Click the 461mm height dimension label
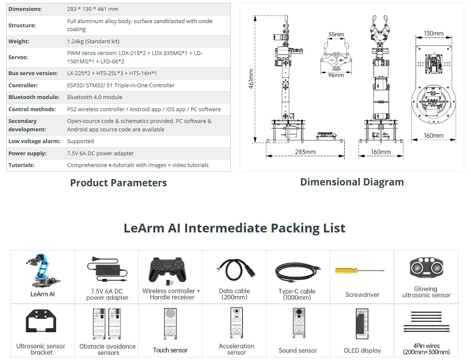pos(251,79)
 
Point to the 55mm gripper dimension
pos(336,34)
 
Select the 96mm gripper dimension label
pos(336,75)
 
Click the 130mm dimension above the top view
pos(433,34)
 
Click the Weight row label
pos(19,42)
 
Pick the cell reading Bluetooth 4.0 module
pos(95,97)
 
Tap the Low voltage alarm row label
pos(34,141)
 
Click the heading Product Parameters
pos(118,183)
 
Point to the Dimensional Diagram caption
pos(352,182)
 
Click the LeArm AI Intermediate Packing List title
pos(234,228)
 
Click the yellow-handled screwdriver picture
pos(359,271)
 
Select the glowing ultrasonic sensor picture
pos(426,267)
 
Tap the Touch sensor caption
pos(170,350)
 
